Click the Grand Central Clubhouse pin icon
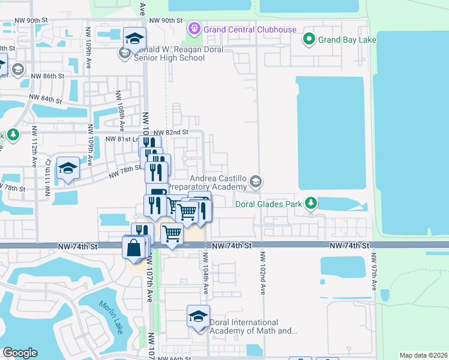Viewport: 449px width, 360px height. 194,28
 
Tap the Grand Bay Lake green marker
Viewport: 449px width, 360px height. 309,40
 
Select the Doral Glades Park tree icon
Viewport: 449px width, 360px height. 310,204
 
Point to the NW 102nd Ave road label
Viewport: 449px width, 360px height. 262,272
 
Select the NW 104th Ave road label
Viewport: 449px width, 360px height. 205,272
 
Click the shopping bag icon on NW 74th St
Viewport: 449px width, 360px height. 133,246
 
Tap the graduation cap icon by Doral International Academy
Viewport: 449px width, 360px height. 198,317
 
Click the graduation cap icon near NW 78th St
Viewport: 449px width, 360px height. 68,168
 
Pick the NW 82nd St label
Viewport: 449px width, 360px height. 171,133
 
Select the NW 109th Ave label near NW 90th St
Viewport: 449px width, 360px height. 88,47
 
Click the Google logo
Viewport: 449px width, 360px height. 20,353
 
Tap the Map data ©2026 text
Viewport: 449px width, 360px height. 423,355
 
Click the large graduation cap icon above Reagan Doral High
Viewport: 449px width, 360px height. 134,38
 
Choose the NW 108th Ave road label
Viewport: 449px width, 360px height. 121,117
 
